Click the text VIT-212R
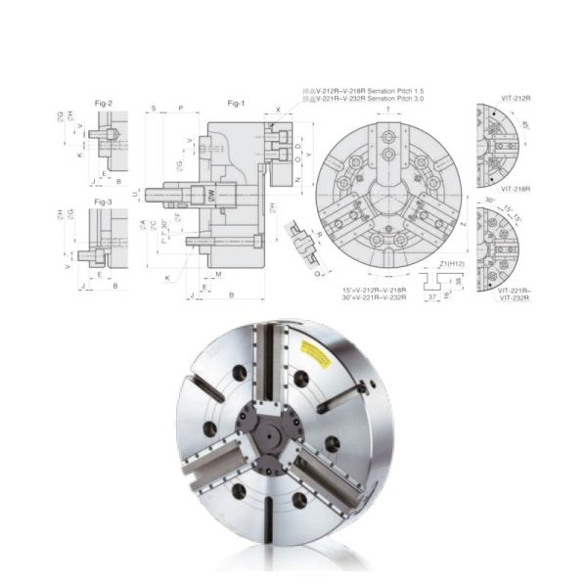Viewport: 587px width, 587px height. pos(515,99)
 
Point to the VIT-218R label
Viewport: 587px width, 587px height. pos(515,188)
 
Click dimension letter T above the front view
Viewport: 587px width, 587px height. pos(388,111)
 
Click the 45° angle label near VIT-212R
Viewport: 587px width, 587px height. pos(525,124)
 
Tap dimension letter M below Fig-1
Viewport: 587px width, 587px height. pos(218,275)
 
